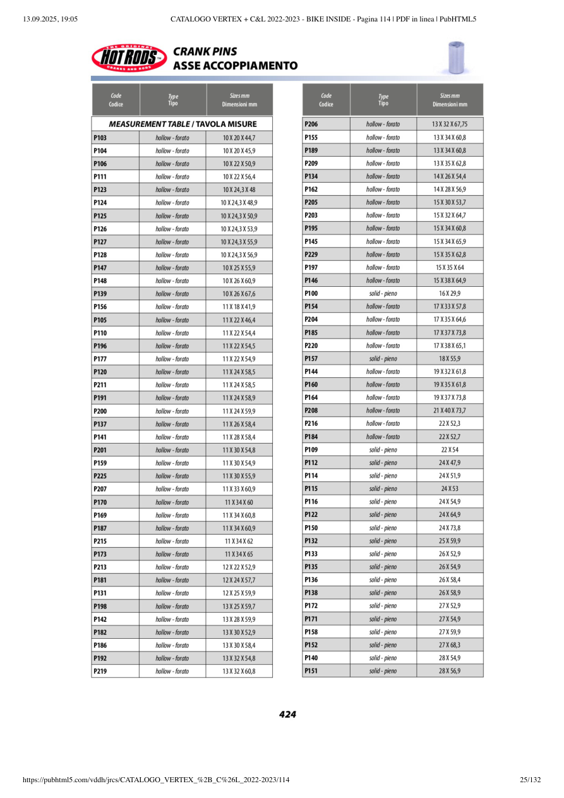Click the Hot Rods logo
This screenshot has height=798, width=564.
click(x=129, y=58)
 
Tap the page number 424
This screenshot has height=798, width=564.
click(x=287, y=715)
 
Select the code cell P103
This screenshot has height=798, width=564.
click(x=115, y=138)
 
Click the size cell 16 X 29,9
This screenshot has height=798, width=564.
click(x=450, y=294)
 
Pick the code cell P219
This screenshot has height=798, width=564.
click(x=115, y=671)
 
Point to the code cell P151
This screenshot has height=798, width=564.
click(x=326, y=671)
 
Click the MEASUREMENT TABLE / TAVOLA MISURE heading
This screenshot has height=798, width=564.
click(x=183, y=124)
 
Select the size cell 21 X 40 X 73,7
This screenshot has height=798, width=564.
click(x=450, y=411)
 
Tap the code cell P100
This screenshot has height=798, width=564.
click(x=326, y=294)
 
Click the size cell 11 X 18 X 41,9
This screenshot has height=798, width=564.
click(x=239, y=307)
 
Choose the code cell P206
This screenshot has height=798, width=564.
click(x=326, y=124)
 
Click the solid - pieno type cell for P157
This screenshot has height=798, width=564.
click(x=383, y=359)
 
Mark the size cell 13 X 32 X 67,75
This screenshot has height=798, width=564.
click(x=450, y=124)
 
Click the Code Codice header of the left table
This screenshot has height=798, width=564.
click(x=116, y=100)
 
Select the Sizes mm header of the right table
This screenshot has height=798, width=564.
click(x=450, y=100)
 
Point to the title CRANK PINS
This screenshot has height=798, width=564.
click(x=205, y=52)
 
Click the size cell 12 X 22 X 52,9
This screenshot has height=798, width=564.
click(x=239, y=567)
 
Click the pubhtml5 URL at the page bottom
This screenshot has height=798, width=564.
click(x=156, y=780)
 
